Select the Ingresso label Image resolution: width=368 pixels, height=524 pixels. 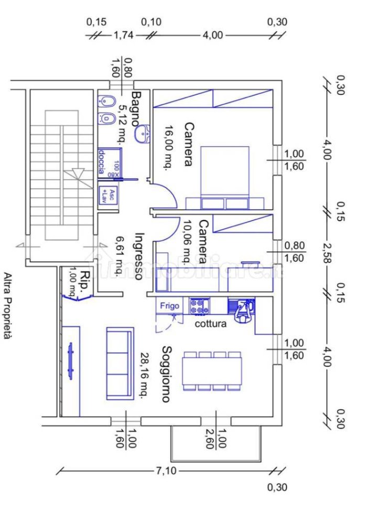[138, 256]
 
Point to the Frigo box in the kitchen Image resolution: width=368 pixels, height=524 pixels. [170, 306]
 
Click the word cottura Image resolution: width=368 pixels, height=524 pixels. [211, 324]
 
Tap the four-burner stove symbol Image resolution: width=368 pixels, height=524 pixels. [199, 307]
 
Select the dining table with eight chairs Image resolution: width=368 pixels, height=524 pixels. [212, 371]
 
